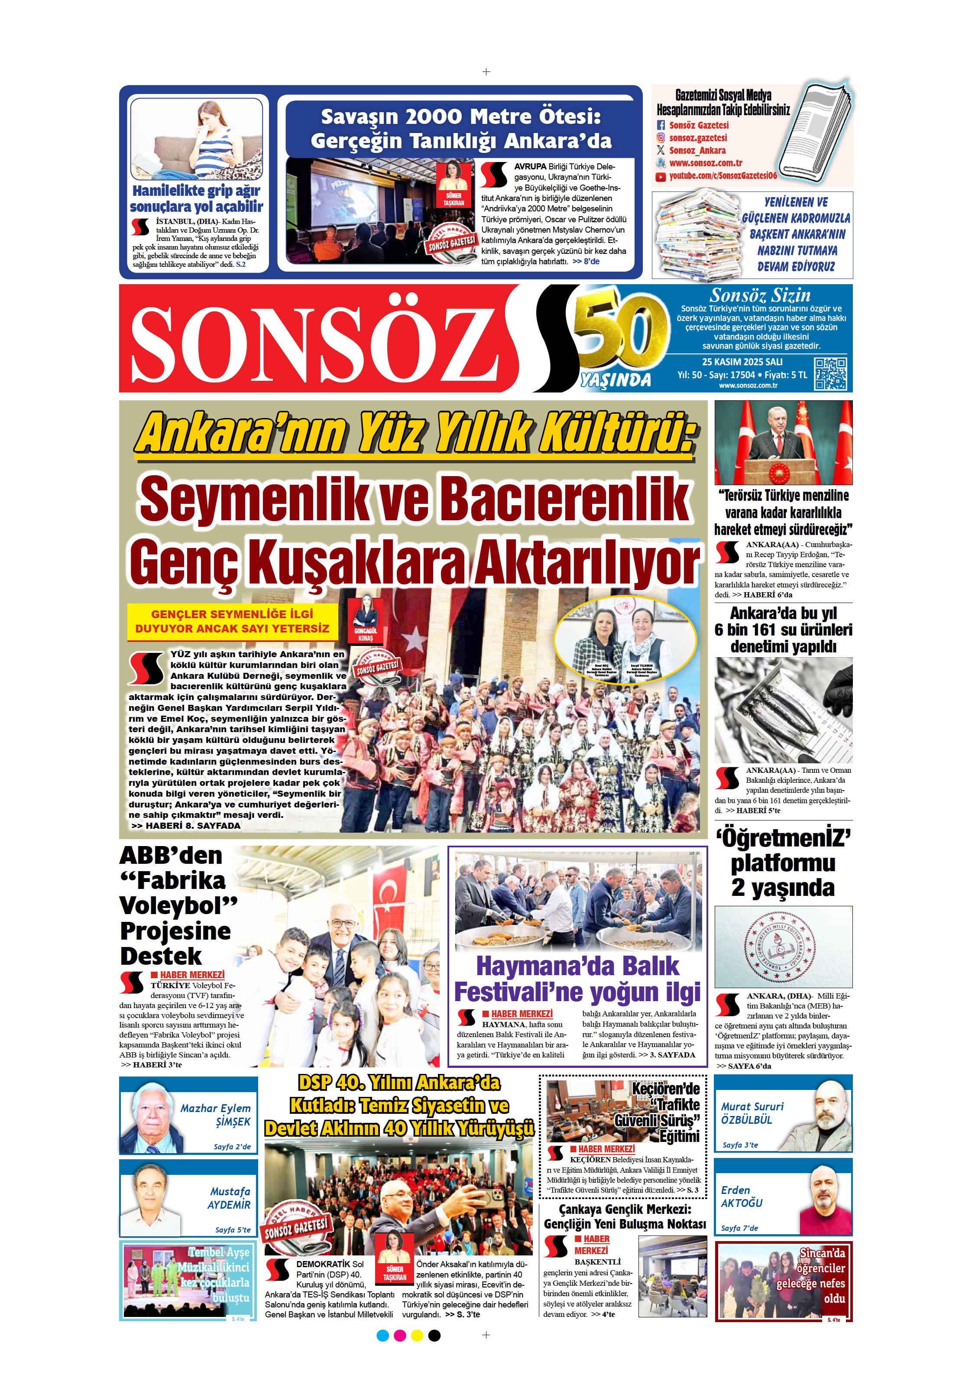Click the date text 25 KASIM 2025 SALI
click(x=742, y=362)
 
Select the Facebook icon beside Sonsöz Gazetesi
click(x=661, y=126)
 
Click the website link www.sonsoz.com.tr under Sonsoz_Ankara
click(x=706, y=163)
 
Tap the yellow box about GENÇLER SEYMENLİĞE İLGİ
click(x=232, y=621)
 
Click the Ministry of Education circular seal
click(x=783, y=948)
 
